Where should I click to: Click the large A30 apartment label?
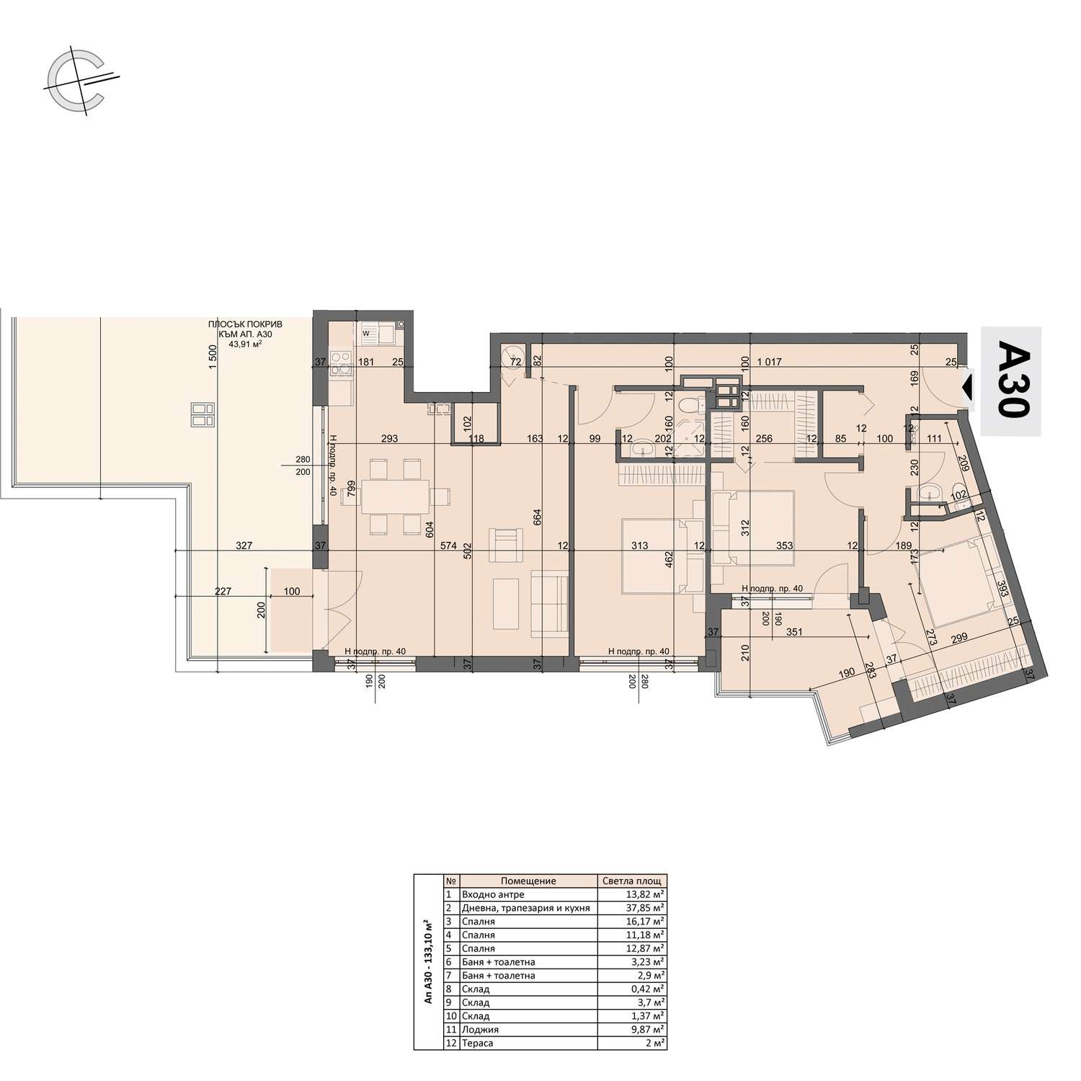(1011, 382)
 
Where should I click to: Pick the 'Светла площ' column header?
(633, 881)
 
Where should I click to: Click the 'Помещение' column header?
(528, 881)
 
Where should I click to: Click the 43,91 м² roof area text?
(245, 344)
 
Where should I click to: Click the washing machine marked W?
(366, 334)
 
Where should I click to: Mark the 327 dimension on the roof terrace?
(244, 546)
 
